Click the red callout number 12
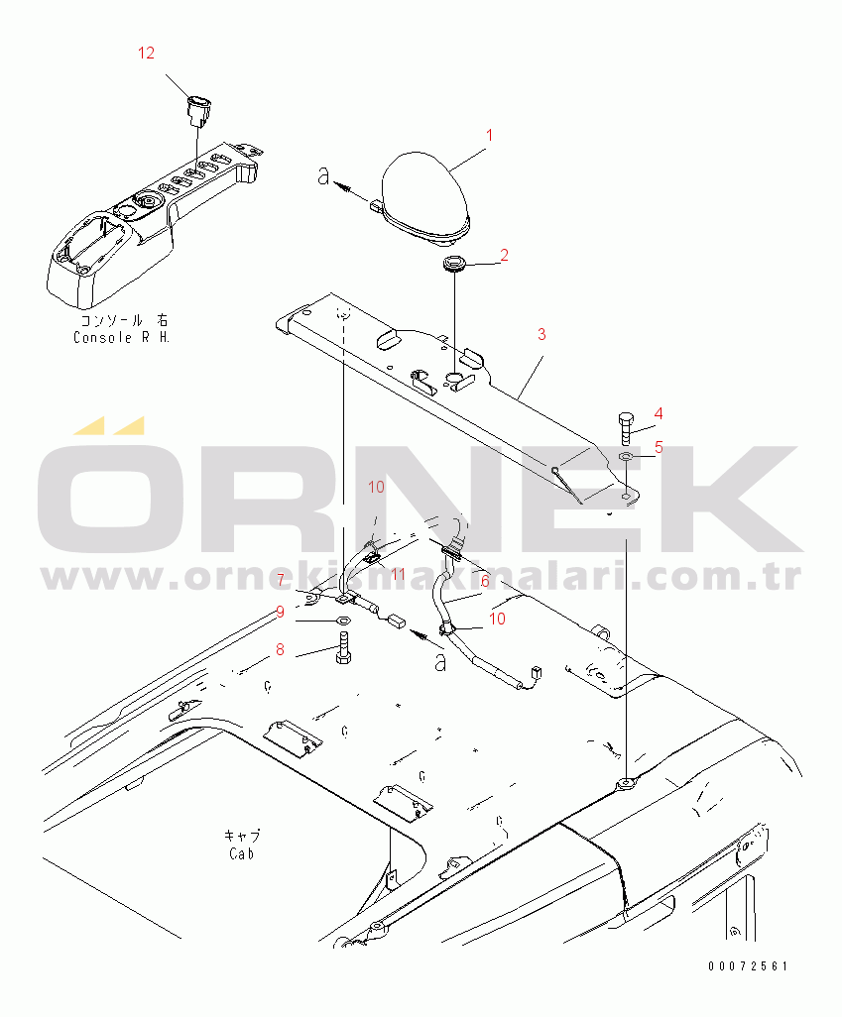pyautogui.click(x=146, y=54)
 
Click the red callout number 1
pyautogui.click(x=490, y=135)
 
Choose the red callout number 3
pyautogui.click(x=541, y=335)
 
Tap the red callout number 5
pyautogui.click(x=659, y=447)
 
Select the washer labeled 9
pyautogui.click(x=343, y=621)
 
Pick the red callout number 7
pyautogui.click(x=281, y=579)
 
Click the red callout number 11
pyautogui.click(x=398, y=575)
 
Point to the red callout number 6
pyautogui.click(x=485, y=581)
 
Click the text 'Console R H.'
pyautogui.click(x=121, y=337)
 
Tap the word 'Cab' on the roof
pyautogui.click(x=242, y=853)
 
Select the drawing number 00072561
pyautogui.click(x=748, y=965)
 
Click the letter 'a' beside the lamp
pyautogui.click(x=324, y=175)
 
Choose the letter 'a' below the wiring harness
pyautogui.click(x=440, y=662)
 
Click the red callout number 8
pyautogui.click(x=280, y=649)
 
